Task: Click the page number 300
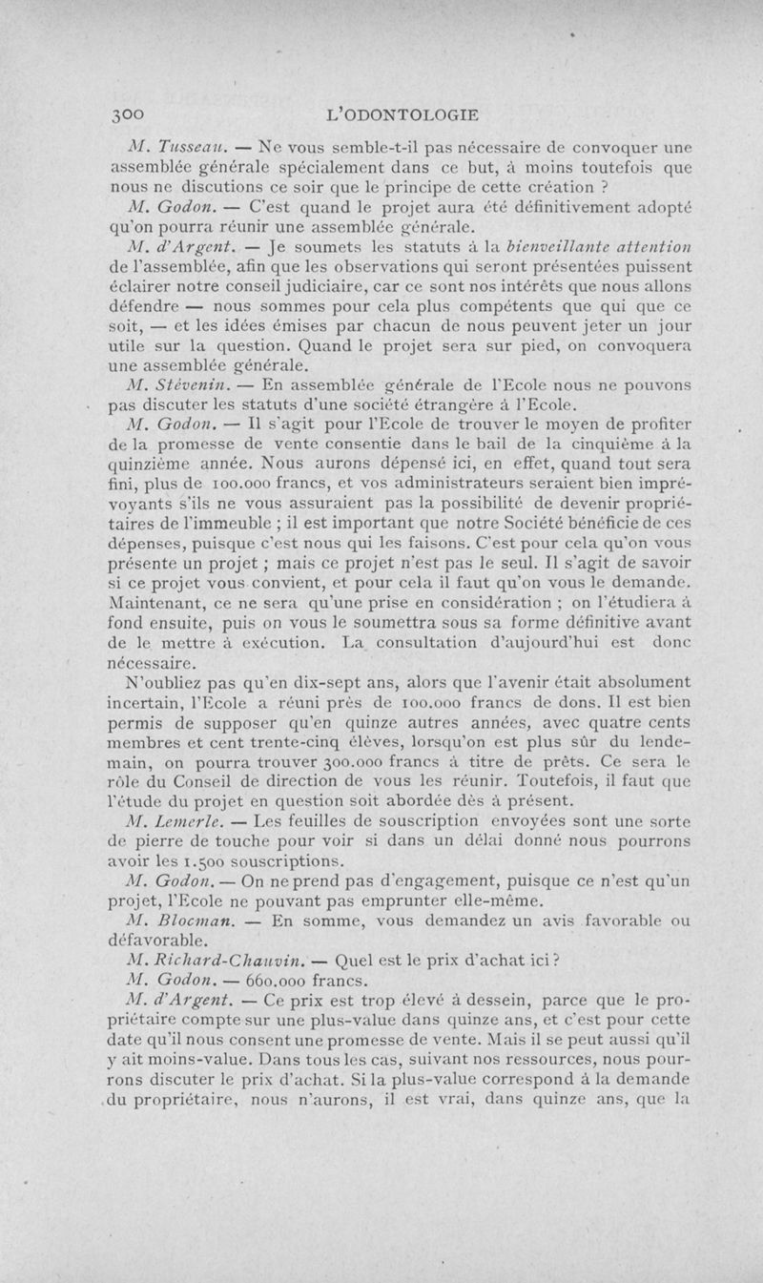[127, 113]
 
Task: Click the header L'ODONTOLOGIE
[402, 113]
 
